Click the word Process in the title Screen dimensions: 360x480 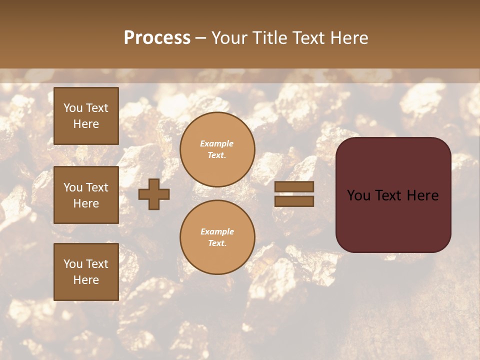[x=157, y=38]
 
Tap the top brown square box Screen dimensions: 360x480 [x=86, y=116]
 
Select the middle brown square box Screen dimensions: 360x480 [x=86, y=195]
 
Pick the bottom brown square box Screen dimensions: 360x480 [x=86, y=272]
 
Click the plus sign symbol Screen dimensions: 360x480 [x=154, y=194]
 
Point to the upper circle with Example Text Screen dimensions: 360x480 [x=217, y=149]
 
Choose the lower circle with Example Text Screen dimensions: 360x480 [x=217, y=237]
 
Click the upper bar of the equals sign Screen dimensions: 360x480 [x=294, y=187]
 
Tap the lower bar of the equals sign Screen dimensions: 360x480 [x=294, y=201]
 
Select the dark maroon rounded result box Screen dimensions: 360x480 [x=393, y=195]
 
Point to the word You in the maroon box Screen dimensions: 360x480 [x=358, y=195]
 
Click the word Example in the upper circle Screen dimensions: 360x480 [x=217, y=143]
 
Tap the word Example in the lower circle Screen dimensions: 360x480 [x=217, y=231]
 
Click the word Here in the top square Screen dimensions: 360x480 [x=86, y=124]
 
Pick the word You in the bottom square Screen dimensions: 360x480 [x=73, y=264]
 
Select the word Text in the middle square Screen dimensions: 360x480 [x=97, y=187]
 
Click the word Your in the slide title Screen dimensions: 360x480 [x=230, y=38]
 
